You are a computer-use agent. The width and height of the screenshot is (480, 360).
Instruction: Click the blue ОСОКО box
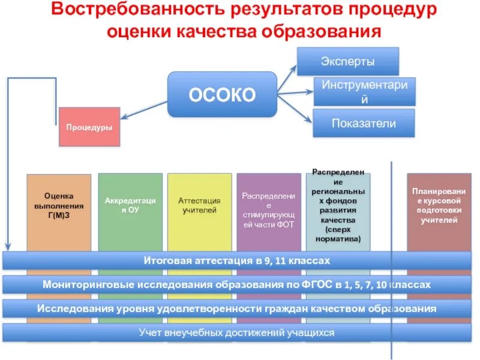(222, 94)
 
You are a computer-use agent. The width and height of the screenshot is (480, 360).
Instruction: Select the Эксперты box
(348, 61)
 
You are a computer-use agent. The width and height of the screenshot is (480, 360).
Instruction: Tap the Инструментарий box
(364, 92)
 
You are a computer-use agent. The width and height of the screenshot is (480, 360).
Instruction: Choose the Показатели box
(364, 124)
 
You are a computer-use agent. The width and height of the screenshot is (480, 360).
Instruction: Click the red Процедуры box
(89, 127)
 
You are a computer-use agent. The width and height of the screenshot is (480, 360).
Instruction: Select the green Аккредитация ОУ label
(130, 205)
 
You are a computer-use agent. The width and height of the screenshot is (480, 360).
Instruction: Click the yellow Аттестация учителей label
(199, 205)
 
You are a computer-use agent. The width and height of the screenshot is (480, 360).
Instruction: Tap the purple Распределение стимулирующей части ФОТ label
(269, 210)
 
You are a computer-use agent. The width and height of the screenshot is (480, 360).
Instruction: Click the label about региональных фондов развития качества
(338, 205)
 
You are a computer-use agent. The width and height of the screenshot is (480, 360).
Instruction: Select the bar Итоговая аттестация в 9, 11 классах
(237, 261)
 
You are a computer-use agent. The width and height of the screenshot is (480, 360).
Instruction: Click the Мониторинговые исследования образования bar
(237, 284)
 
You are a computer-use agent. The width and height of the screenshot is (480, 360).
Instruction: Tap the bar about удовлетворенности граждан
(237, 308)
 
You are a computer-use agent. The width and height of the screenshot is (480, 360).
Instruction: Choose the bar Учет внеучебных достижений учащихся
(237, 332)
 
